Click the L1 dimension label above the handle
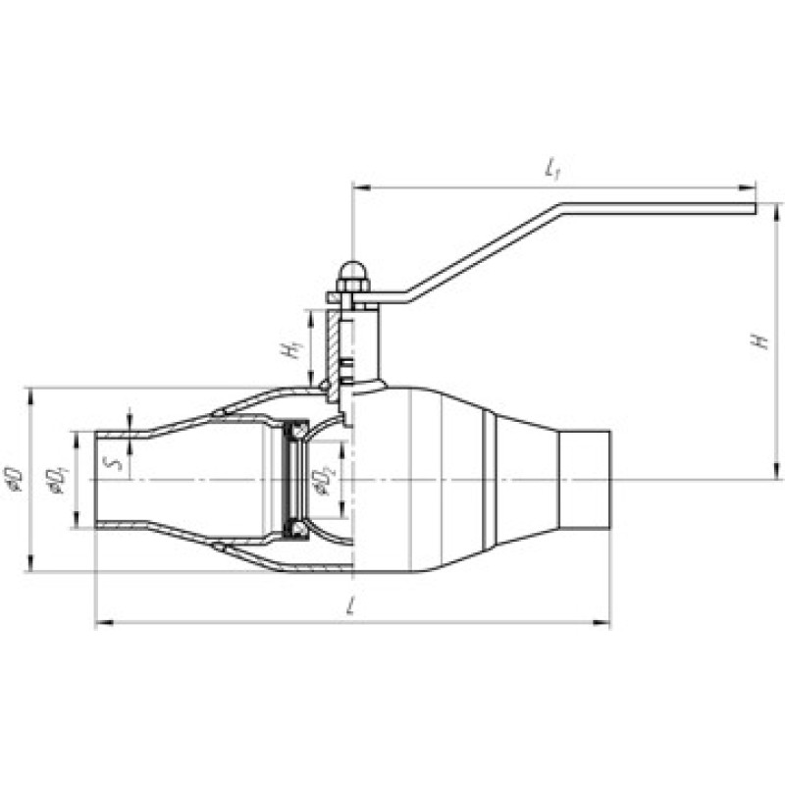pos(552,168)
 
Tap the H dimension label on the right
pos(761,340)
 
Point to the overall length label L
pos(351,606)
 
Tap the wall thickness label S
pos(115,463)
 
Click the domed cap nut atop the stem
pos(353,277)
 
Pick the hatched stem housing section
pos(333,354)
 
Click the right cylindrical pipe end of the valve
pos(585,480)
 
